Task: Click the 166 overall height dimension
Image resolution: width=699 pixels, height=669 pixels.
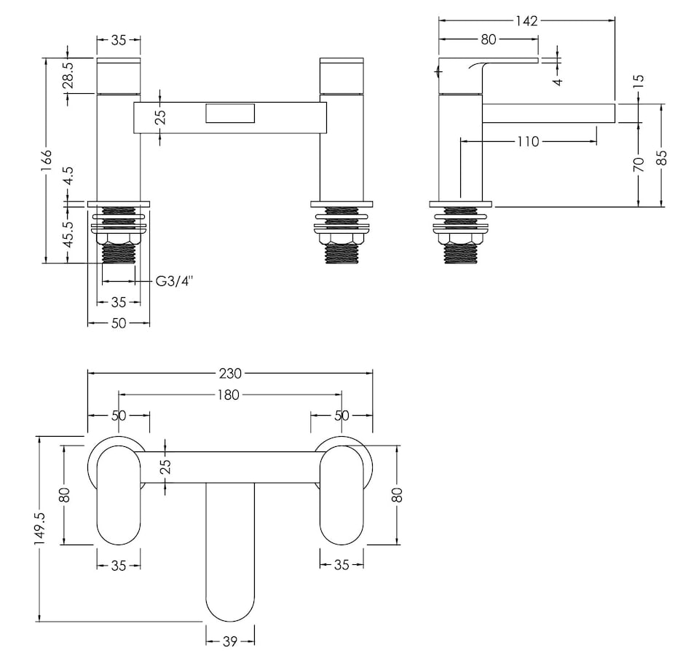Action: point(47,158)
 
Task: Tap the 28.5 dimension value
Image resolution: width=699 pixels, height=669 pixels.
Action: point(68,76)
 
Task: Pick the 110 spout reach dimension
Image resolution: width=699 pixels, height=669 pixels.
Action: point(528,141)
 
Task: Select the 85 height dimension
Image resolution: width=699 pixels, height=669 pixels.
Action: point(661,157)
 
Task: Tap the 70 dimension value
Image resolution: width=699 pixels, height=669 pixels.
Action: point(639,165)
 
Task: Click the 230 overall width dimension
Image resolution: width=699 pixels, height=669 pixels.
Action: point(230,373)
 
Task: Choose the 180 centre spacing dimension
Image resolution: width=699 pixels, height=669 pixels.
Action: point(230,395)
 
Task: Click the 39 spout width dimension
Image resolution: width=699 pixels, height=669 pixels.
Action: point(230,641)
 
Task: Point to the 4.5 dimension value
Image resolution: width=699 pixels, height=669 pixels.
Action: point(68,176)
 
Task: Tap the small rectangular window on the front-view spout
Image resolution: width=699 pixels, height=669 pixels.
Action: point(230,114)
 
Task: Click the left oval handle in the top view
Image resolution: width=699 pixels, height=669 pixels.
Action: point(119,495)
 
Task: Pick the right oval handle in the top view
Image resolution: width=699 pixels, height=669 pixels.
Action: point(341,495)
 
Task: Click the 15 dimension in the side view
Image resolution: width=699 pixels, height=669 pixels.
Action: point(639,81)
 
